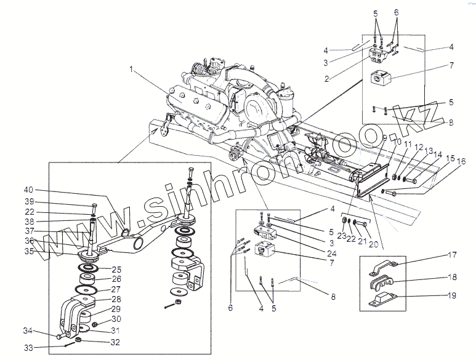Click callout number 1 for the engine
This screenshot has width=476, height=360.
click(131, 68)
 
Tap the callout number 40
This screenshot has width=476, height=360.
click(29, 190)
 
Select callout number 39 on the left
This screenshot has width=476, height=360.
click(29, 202)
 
